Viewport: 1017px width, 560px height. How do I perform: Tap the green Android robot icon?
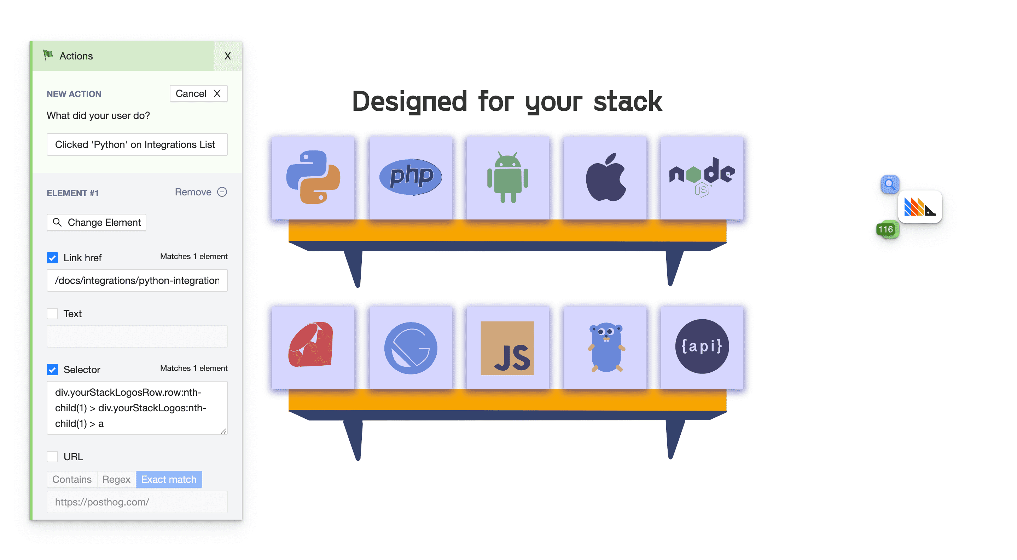[x=508, y=177]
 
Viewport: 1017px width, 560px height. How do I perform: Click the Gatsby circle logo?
[x=411, y=348]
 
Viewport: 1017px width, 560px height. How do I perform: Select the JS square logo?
[x=507, y=348]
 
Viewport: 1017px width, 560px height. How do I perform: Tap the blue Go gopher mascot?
[x=606, y=347]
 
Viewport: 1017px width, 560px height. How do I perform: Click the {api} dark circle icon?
[x=702, y=347]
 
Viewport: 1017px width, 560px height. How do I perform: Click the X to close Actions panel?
[x=228, y=56]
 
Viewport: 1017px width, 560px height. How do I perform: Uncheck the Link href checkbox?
[x=52, y=258]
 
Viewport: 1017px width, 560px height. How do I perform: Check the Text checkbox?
[x=52, y=313]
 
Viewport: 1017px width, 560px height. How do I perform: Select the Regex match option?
[x=116, y=479]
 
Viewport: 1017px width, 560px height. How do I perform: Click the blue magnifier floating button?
[x=889, y=184]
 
